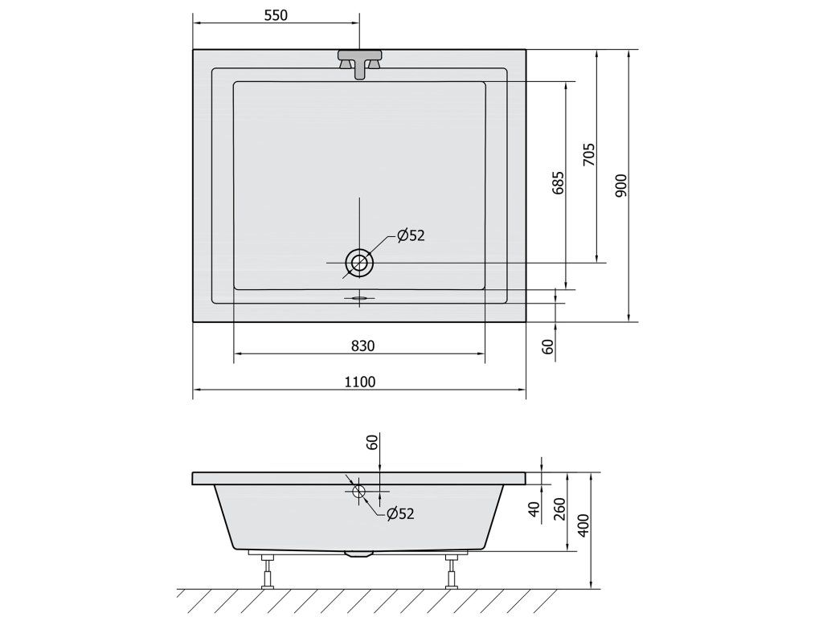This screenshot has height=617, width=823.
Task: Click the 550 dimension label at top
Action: pos(276,15)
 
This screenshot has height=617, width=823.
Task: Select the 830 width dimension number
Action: pos(362,345)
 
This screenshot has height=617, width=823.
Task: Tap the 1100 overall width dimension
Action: pos(360,382)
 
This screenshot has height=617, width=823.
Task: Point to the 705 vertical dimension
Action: pos(589,155)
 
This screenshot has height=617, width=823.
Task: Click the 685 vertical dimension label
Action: pos(558,182)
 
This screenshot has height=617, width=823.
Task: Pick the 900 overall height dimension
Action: pos(621,186)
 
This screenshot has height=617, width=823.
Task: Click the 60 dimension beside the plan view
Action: pos(547,347)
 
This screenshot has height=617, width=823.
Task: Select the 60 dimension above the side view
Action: pos(372,443)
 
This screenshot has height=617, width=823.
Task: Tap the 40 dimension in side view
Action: pos(534,509)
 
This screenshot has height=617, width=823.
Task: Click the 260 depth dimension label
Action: pos(559,509)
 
